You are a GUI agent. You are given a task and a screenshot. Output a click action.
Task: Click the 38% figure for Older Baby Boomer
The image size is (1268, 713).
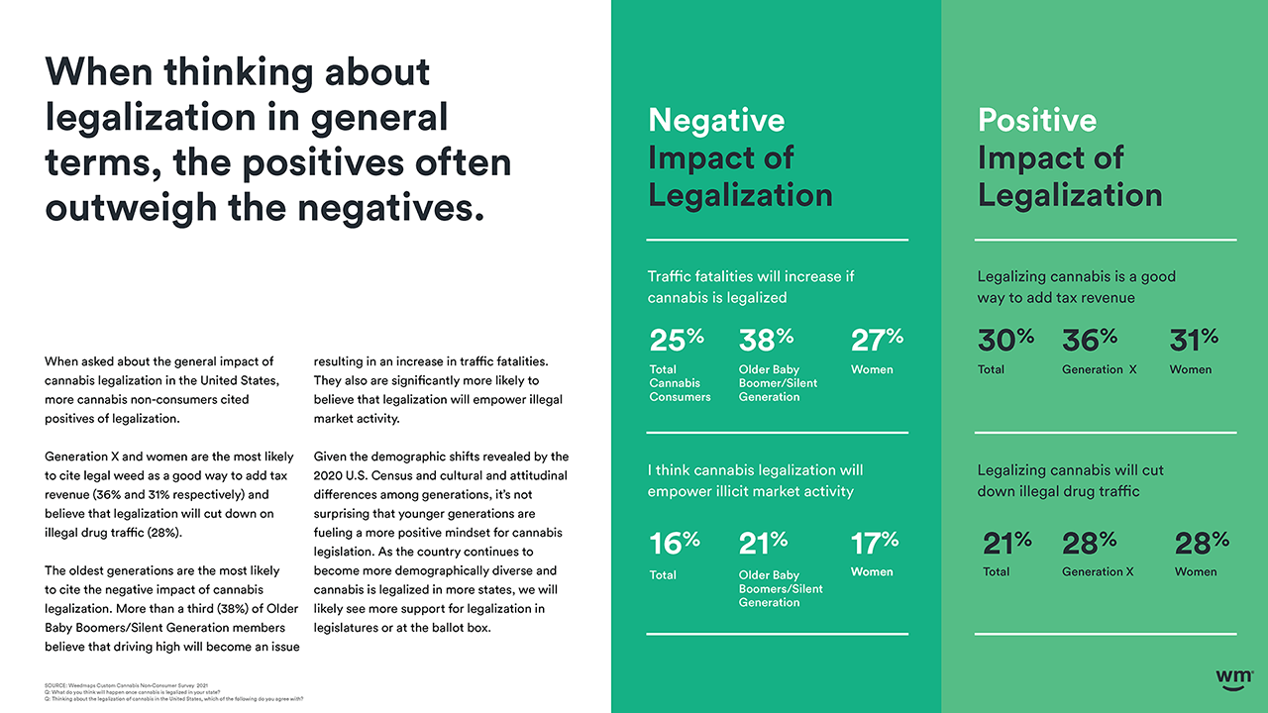[766, 340]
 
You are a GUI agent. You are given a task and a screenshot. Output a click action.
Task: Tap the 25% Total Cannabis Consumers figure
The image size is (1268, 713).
[677, 340]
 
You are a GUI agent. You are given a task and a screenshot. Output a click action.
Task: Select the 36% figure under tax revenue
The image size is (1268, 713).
[1089, 340]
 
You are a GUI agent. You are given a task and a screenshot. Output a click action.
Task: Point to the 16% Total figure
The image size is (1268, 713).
[675, 543]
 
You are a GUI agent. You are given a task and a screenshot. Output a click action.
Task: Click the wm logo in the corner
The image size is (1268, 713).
[1234, 676]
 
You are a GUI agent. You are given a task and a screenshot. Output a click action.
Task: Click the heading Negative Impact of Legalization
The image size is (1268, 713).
[739, 157]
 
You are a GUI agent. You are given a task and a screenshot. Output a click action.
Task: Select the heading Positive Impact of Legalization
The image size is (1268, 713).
[1069, 157]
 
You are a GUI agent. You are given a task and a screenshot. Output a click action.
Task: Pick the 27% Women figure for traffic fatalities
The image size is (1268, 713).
[877, 340]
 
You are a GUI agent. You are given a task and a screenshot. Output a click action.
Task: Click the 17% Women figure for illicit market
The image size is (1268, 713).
[875, 543]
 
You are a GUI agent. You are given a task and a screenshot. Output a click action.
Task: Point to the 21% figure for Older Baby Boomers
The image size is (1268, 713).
[763, 543]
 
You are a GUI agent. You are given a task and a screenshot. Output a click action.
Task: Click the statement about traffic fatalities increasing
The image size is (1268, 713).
[750, 287]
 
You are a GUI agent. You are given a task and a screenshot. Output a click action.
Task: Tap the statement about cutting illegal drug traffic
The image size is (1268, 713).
[1070, 480]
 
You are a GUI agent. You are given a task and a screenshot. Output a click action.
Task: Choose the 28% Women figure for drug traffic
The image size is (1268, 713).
[1202, 543]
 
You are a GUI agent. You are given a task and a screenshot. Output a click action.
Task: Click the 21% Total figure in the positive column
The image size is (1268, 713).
[1006, 543]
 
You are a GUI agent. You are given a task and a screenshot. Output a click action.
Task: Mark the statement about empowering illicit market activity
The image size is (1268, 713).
[754, 480]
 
